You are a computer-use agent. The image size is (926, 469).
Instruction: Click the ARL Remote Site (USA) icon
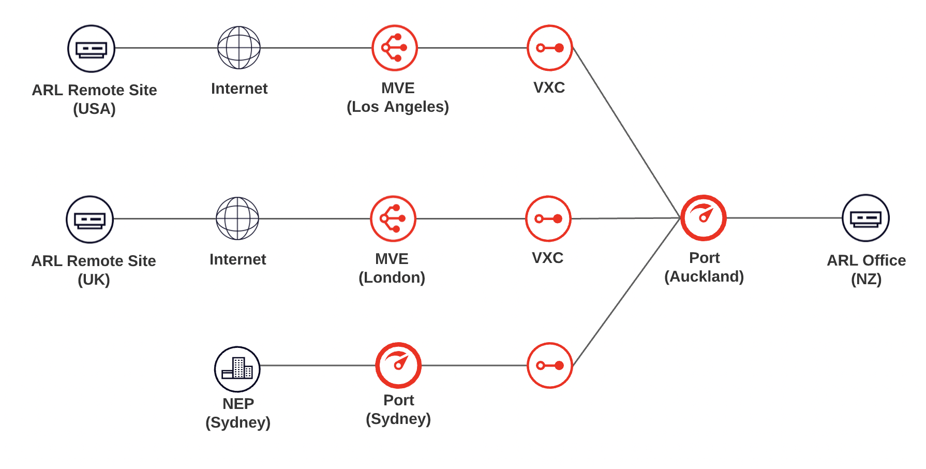(91, 49)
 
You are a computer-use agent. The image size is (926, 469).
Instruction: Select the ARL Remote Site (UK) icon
(89, 219)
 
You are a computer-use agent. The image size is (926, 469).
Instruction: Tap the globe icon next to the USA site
(239, 48)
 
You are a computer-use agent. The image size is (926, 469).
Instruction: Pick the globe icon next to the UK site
(237, 218)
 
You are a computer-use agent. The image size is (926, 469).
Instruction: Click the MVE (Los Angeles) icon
(395, 48)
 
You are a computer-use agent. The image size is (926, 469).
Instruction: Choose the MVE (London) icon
(393, 218)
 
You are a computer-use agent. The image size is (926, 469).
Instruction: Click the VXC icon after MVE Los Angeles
(549, 48)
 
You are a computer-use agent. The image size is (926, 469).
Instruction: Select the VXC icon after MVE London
(548, 218)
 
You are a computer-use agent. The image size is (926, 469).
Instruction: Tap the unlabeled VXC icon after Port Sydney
(549, 365)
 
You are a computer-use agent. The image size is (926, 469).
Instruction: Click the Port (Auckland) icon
(704, 218)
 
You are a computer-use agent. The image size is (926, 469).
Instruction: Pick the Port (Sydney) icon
(398, 365)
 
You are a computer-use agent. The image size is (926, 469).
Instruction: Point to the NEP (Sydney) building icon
(237, 369)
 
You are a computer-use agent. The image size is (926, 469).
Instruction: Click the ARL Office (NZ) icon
(865, 218)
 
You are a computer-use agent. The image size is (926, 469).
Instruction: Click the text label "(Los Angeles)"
(397, 107)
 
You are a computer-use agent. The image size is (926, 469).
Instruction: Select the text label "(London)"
(392, 277)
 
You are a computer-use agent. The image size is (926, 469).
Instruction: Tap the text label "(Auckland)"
(704, 276)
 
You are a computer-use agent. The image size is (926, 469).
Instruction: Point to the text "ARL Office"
(866, 260)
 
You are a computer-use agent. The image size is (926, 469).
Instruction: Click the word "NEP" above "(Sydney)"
(238, 404)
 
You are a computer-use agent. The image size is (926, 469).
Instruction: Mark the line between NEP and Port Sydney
(318, 365)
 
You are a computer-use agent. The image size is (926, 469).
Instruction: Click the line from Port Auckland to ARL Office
(784, 218)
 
